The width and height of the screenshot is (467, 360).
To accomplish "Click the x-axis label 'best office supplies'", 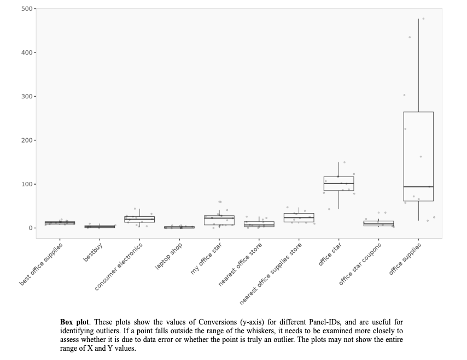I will [42, 264].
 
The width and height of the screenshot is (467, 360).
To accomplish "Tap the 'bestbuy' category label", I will [93, 252].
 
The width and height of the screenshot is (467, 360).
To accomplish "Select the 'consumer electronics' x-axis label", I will [119, 266].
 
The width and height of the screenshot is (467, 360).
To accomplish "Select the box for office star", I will [338, 184].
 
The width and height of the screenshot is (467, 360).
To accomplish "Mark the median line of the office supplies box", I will [418, 187].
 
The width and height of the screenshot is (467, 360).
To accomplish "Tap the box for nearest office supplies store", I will [299, 217].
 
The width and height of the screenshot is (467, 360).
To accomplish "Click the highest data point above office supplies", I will [423, 19].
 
